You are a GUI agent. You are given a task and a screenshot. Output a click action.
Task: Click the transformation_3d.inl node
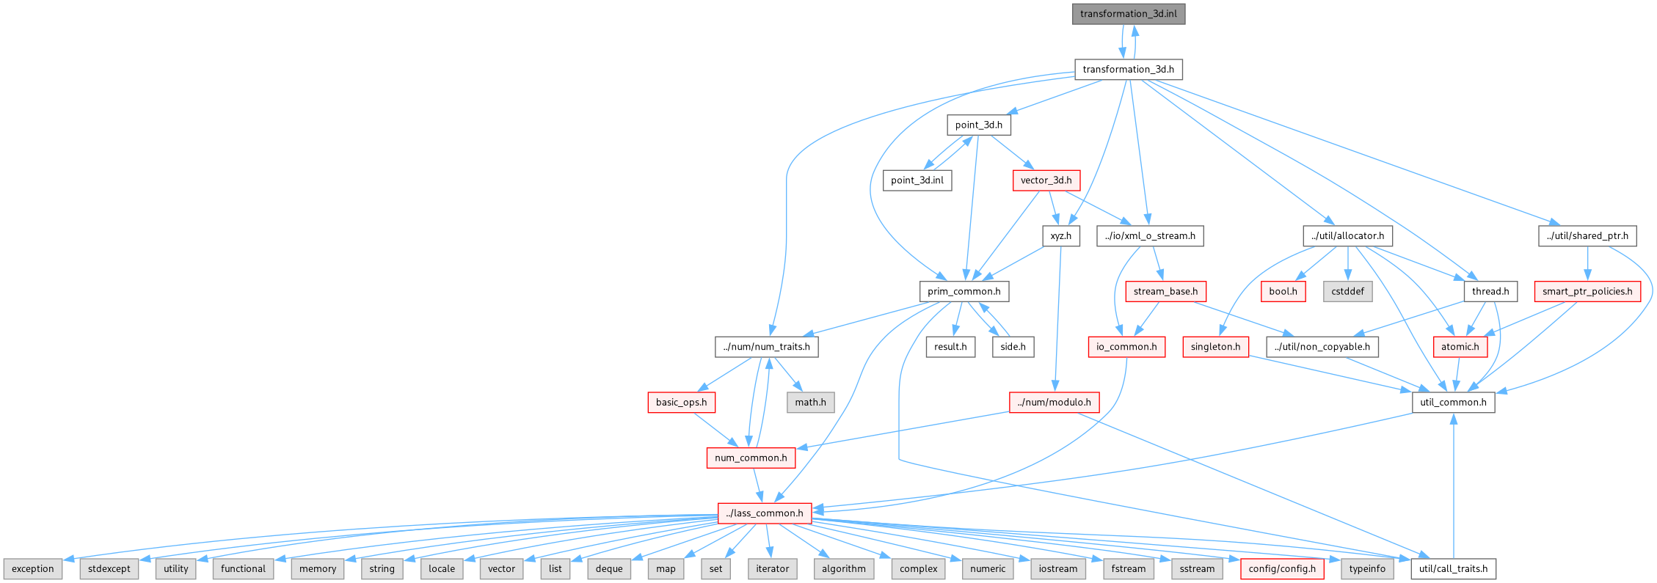[x=1128, y=14]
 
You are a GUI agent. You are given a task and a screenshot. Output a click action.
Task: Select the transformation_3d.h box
[x=1128, y=70]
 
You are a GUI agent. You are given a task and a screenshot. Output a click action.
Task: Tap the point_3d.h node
[x=978, y=125]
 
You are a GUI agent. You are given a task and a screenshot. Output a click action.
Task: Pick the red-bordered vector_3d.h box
[x=1046, y=180]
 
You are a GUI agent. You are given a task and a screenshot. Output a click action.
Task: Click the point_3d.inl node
[x=917, y=180]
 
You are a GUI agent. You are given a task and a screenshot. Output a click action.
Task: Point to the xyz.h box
[x=1060, y=236]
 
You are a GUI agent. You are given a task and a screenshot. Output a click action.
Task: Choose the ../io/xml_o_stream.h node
[x=1150, y=236]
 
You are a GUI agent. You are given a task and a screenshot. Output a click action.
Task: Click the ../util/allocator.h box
[x=1347, y=236]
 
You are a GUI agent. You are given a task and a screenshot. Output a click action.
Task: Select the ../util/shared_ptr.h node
[x=1587, y=236]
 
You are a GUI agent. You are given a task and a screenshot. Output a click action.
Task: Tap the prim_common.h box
[x=964, y=292]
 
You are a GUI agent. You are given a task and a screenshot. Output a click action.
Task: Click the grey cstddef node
[x=1347, y=292]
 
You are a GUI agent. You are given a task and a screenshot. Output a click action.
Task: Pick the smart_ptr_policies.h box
[x=1587, y=292]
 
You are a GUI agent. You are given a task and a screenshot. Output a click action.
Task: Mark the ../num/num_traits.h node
[x=766, y=347]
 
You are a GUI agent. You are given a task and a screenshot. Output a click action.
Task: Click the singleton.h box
[x=1215, y=347]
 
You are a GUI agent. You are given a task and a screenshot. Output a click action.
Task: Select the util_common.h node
[x=1453, y=403]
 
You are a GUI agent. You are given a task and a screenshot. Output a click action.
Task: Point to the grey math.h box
[x=810, y=403]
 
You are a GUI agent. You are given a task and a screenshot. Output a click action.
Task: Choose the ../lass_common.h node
[x=764, y=513]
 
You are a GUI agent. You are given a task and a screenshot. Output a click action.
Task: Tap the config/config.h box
[x=1281, y=569]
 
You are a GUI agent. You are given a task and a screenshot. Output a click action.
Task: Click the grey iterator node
[x=773, y=569]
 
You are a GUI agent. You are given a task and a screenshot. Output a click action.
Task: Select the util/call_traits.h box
[x=1453, y=569]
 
